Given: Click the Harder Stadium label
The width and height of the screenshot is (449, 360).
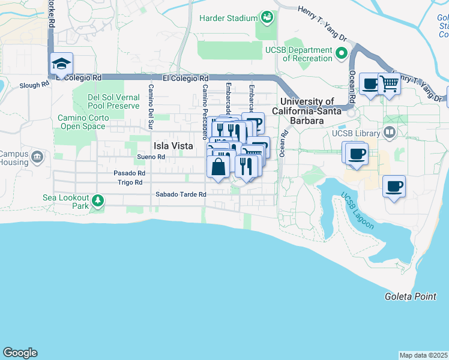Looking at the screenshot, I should point(229,18).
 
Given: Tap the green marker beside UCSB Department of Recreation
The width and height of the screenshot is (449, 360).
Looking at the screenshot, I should point(342,55).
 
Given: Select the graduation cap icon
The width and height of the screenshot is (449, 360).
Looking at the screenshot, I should point(61,64).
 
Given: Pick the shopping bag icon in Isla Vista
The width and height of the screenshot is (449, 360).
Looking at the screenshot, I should point(218,166).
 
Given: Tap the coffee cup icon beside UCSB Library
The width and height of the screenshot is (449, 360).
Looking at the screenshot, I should point(357,154).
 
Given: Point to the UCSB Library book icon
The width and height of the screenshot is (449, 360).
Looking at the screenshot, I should point(390,133).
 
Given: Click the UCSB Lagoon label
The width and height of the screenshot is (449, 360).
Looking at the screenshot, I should point(357,211).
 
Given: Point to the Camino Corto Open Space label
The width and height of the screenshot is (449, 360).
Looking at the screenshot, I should point(83,122).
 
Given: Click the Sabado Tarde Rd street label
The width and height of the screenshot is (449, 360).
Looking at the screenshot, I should point(181,194).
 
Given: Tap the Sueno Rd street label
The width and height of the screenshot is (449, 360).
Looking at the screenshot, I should point(151,157).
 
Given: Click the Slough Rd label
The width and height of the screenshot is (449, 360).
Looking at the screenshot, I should point(26,85).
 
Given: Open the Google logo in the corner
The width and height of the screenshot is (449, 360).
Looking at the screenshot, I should point(20,353).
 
